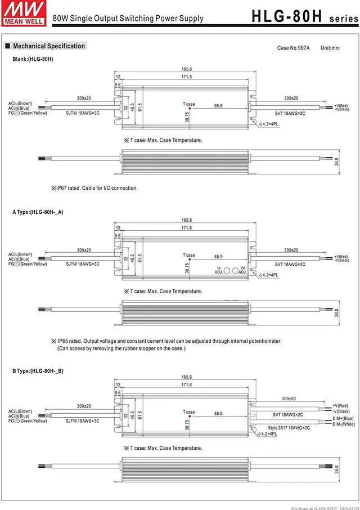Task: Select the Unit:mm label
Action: [330, 48]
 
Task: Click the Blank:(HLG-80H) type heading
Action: [33, 59]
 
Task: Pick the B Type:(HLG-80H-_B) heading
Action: [38, 371]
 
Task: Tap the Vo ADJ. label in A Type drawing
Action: [242, 270]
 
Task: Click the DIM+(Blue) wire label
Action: [343, 418]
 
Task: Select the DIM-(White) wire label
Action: [344, 424]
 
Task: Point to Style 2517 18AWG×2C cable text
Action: [289, 428]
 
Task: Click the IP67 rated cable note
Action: [94, 188]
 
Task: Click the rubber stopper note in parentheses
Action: [121, 348]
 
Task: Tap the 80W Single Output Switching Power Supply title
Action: [128, 19]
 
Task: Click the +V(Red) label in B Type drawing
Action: [341, 405]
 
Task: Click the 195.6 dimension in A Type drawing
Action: [186, 220]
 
